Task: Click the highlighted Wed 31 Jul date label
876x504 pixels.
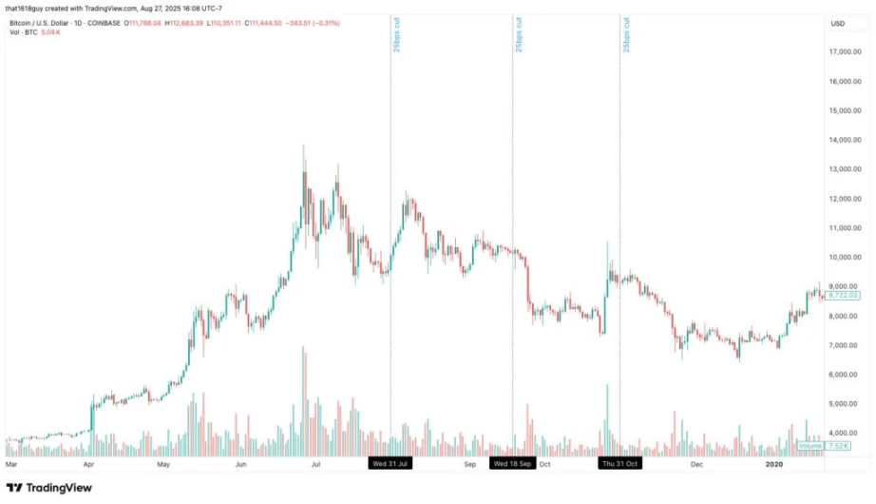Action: [x=390, y=464]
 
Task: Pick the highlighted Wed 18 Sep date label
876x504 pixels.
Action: [x=512, y=464]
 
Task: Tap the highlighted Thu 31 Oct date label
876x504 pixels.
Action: [x=619, y=464]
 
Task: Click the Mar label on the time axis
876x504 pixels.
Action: [x=11, y=464]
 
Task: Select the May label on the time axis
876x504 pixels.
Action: [x=163, y=464]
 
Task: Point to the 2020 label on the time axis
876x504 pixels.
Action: [x=774, y=464]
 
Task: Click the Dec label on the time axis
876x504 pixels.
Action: [x=696, y=464]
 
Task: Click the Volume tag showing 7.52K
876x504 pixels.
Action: [x=823, y=445]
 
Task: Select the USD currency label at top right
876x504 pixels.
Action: [x=838, y=23]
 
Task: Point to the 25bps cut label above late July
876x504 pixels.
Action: [x=396, y=34]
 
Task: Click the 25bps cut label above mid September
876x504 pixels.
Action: [x=518, y=34]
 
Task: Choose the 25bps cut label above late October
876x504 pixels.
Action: [x=625, y=34]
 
